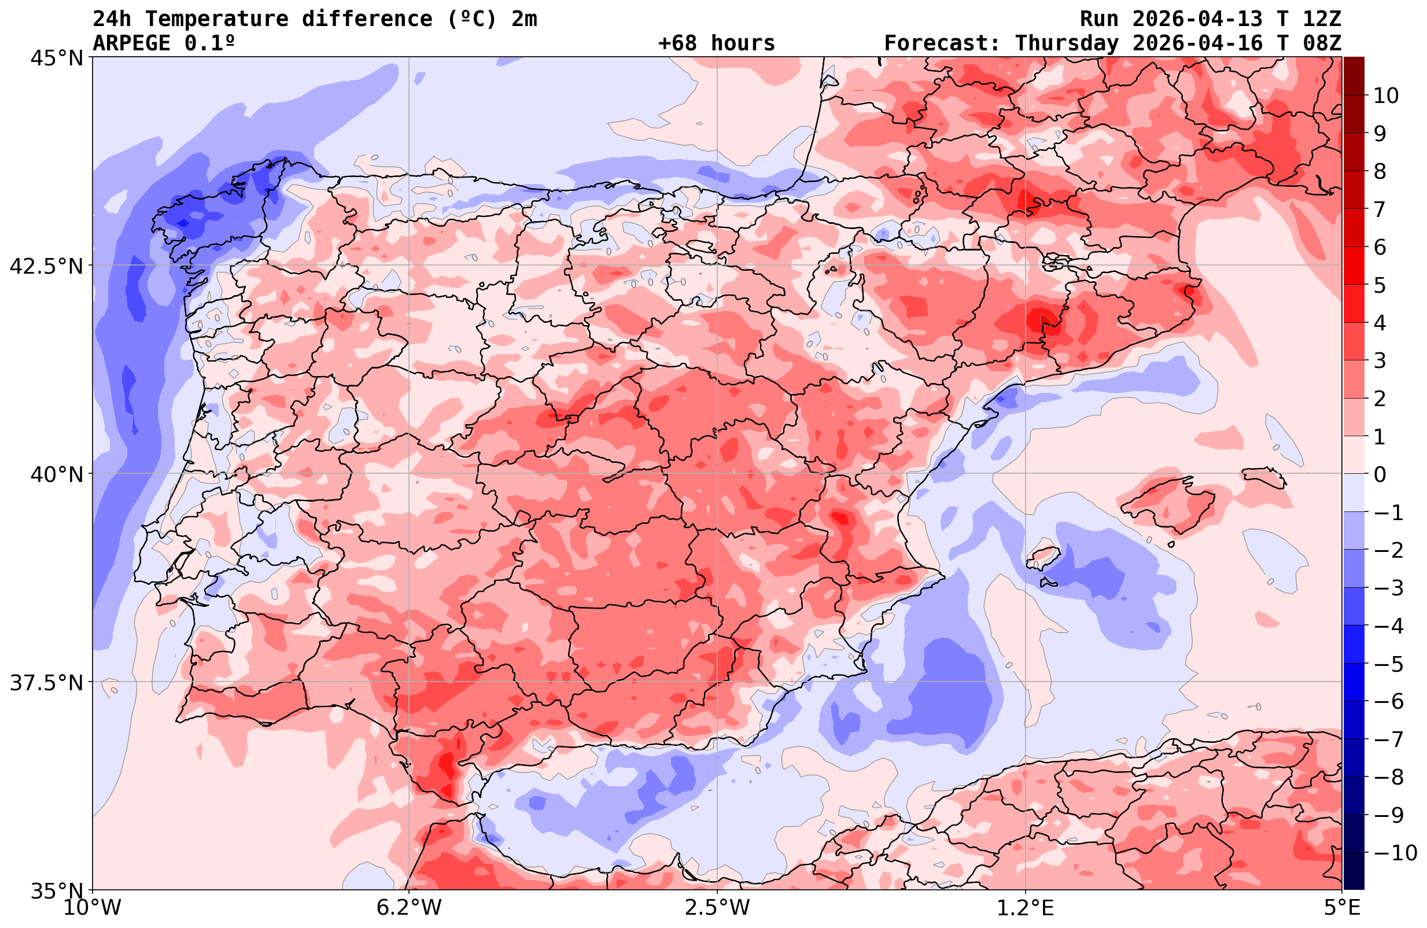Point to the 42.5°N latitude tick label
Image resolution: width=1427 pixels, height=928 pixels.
click(47, 266)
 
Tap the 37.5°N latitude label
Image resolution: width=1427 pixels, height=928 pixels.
click(47, 683)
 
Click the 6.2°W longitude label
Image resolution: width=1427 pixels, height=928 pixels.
click(409, 908)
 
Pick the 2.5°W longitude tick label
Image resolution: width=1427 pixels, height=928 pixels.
click(718, 908)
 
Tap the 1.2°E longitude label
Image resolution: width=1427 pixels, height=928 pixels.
click(1026, 908)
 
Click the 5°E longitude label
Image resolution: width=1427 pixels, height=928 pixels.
click(1341, 908)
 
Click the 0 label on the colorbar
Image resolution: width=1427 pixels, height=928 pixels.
click(1380, 474)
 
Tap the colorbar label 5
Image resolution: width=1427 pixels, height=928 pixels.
click(1380, 286)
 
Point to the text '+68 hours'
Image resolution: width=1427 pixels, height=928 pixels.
click(717, 43)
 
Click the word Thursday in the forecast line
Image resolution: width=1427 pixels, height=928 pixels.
click(1067, 43)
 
